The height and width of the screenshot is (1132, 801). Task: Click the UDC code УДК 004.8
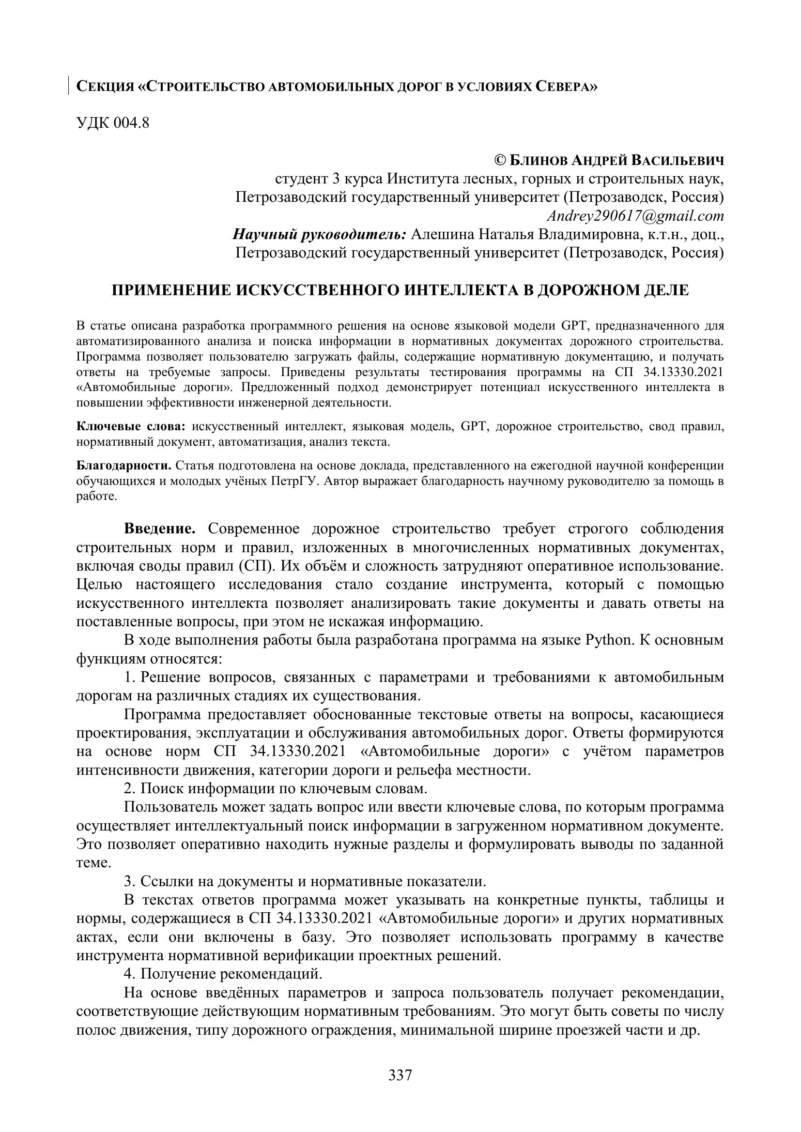tap(113, 123)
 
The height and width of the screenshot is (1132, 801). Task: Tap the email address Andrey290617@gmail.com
tap(635, 216)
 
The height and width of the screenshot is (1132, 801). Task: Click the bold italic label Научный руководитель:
tap(320, 235)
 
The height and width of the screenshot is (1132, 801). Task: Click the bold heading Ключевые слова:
tap(131, 426)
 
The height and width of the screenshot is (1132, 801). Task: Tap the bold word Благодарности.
tap(124, 466)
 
